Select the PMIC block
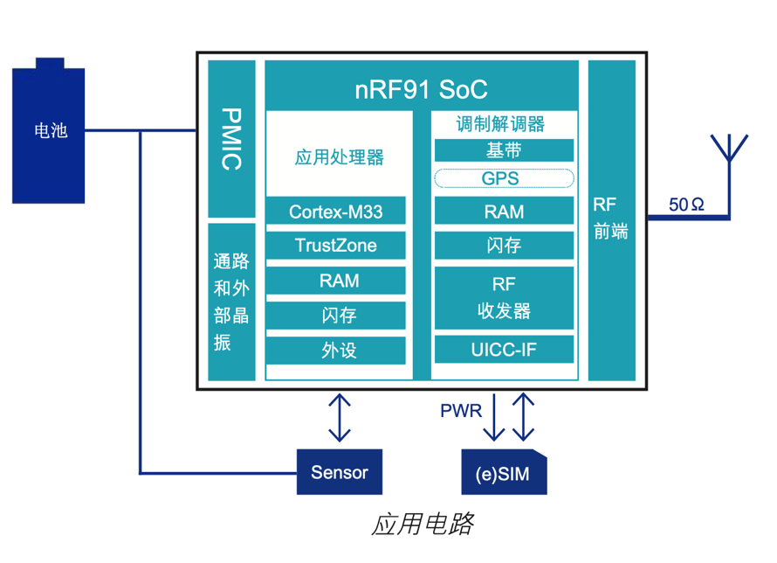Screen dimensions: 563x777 pos(231,138)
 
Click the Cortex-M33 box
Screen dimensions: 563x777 pos(335,211)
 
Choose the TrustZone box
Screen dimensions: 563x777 pos(335,246)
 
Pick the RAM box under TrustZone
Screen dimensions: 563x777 pos(335,281)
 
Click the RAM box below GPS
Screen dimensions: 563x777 pos(504,211)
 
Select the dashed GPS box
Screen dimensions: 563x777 pos(504,178)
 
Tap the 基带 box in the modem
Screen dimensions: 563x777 pos(504,150)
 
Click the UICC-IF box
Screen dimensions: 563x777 pos(504,351)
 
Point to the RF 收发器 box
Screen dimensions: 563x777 pos(504,297)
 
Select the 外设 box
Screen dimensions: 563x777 pos(335,351)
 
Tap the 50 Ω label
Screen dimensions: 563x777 pos(686,205)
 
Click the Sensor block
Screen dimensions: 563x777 pos(340,473)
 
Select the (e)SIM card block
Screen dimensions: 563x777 pos(504,474)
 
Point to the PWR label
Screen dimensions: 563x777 pos(460,411)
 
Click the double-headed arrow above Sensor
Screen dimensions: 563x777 pos(339,417)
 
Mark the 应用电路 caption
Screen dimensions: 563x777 pos(423,524)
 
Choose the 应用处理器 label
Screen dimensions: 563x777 pos(339,158)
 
